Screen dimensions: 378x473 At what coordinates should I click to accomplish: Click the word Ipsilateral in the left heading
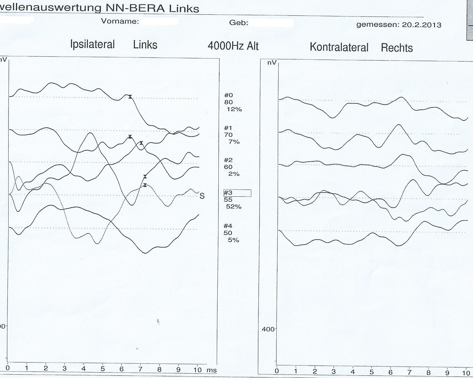tap(92, 44)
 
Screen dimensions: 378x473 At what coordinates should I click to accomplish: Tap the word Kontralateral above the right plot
tap(339, 47)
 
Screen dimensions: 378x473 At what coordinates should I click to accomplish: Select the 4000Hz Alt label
tap(233, 46)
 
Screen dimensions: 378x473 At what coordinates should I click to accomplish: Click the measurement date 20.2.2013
tap(421, 25)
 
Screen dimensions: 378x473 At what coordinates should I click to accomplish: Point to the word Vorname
tap(120, 21)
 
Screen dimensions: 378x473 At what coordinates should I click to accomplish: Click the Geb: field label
tap(239, 23)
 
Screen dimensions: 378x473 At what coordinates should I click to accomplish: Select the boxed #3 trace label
tap(237, 193)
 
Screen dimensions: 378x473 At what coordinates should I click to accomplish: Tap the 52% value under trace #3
tap(234, 207)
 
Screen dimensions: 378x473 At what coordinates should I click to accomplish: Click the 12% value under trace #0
tap(234, 109)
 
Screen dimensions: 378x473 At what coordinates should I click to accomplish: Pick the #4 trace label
tap(228, 226)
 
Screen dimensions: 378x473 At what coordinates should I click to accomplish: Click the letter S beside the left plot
tap(202, 196)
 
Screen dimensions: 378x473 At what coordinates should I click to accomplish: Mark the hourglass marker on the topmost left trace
tap(130, 97)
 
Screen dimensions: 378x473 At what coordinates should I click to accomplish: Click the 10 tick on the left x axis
tap(197, 370)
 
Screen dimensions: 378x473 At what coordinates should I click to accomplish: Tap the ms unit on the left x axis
tap(212, 370)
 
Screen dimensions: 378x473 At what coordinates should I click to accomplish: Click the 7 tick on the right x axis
tap(410, 372)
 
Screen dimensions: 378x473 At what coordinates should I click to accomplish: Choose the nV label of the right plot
tap(272, 63)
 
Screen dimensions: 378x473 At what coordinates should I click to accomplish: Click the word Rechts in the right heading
tap(397, 48)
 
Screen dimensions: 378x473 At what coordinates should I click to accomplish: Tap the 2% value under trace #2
tap(234, 174)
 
